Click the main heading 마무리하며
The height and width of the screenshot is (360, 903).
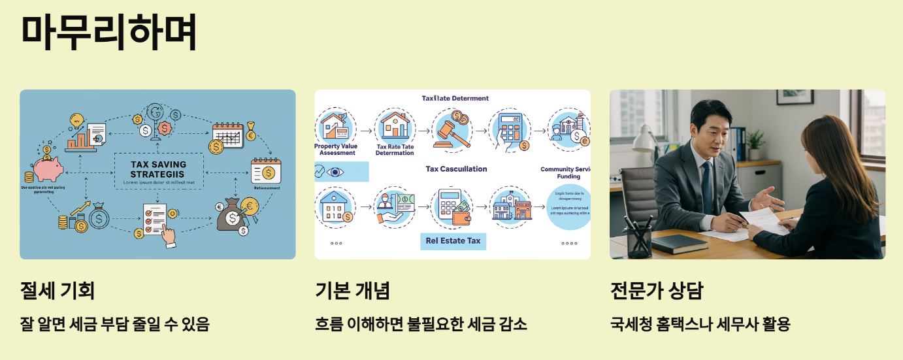[x=108, y=32]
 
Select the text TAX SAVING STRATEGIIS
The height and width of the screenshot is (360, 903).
[x=158, y=169]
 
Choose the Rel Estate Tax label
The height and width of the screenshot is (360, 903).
[x=453, y=240]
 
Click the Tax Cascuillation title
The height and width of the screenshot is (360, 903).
[x=456, y=169]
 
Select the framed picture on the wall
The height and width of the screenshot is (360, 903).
[x=795, y=97]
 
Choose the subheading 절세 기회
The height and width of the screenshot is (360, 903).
[x=57, y=290]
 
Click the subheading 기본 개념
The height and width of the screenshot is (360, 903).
[x=352, y=290]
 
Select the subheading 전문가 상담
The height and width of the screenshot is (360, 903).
[x=656, y=290]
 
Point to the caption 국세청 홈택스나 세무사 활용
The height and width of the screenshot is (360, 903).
[x=700, y=323]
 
